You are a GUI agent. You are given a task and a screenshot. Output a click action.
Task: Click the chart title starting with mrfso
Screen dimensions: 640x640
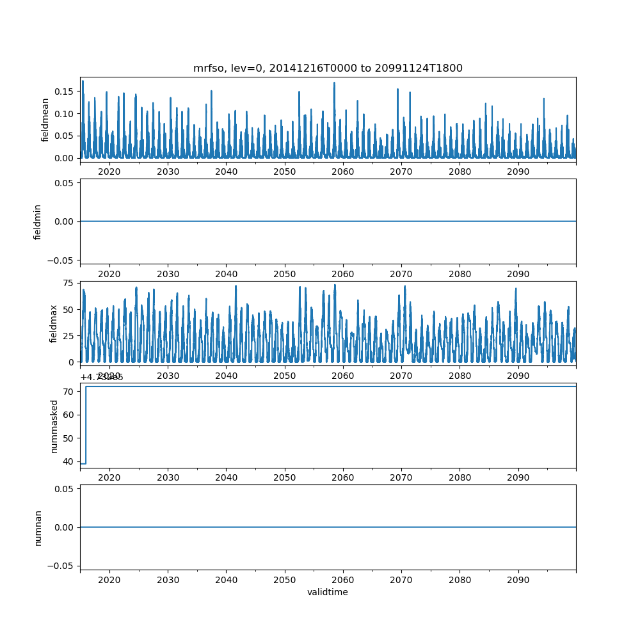click(x=328, y=68)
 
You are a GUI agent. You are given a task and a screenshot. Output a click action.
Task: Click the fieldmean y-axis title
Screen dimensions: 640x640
click(x=45, y=120)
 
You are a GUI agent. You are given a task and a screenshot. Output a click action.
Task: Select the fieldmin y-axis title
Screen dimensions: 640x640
click(x=38, y=221)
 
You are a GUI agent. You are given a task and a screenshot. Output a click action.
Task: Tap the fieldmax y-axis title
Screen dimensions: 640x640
click(x=54, y=323)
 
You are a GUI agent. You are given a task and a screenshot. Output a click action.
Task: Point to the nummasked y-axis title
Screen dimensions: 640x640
click(x=54, y=426)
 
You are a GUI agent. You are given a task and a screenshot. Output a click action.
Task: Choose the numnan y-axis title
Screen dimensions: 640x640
click(x=38, y=527)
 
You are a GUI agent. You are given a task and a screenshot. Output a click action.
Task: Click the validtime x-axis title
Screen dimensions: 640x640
click(x=328, y=592)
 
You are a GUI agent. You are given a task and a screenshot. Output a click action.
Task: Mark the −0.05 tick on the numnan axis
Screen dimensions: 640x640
click(x=63, y=565)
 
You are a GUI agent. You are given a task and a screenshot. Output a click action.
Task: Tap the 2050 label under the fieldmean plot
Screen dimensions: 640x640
click(x=284, y=172)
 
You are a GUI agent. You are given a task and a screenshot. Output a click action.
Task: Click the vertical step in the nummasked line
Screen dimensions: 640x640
click(x=86, y=425)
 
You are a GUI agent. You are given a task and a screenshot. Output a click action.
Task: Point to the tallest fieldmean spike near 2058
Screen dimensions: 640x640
click(x=334, y=83)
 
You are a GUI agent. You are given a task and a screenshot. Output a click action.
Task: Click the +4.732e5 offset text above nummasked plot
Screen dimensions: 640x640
click(x=101, y=377)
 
